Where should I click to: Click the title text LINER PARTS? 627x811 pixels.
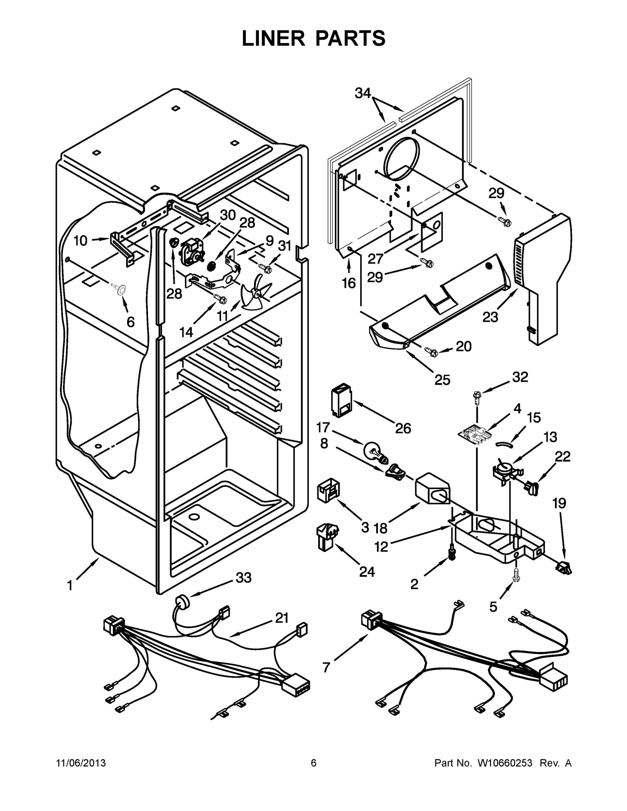[x=314, y=38]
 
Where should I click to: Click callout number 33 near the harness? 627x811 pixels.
[x=243, y=577]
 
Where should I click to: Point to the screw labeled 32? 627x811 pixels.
[x=477, y=397]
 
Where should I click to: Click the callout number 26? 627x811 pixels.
[x=403, y=428]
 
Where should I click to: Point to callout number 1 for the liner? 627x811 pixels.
[x=70, y=586]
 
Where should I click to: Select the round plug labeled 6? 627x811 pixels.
[x=120, y=290]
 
